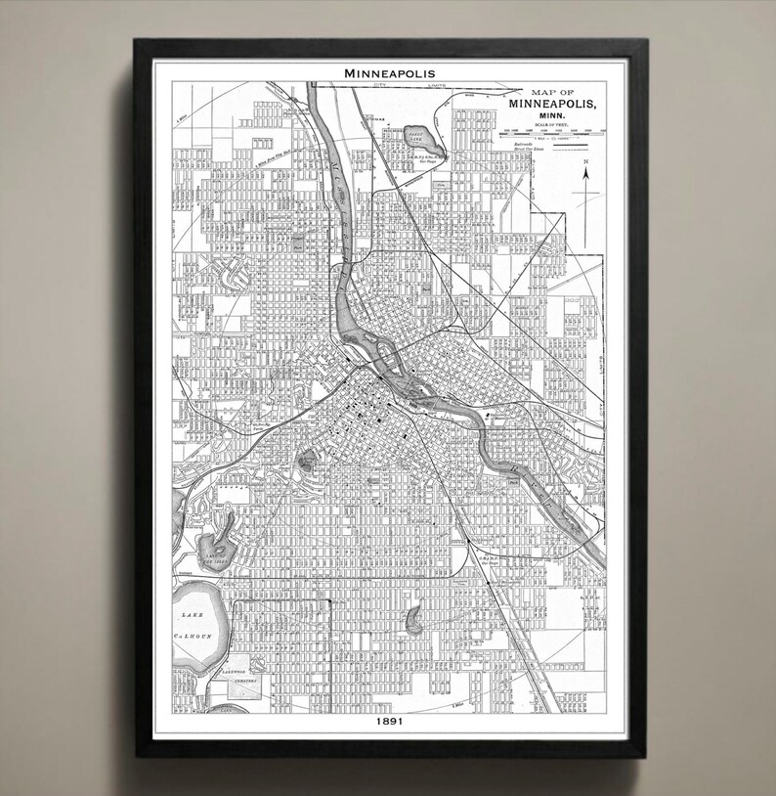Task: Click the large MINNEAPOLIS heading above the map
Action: tap(388, 73)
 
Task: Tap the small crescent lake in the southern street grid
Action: tap(414, 617)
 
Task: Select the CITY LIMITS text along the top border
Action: tap(391, 86)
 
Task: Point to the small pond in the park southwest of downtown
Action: tap(306, 458)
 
